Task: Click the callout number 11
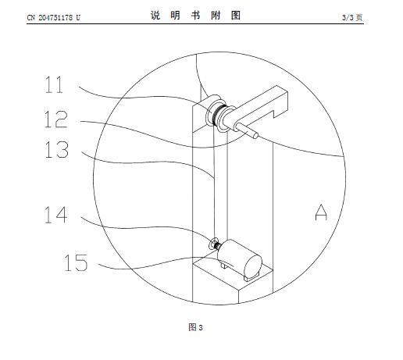(x=54, y=84)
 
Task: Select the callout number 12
(x=56, y=119)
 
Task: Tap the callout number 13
(x=57, y=149)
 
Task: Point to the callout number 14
(x=56, y=215)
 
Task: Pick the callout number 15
(x=76, y=262)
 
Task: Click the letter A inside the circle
(x=321, y=212)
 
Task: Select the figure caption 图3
(x=195, y=327)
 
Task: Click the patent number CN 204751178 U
(x=54, y=17)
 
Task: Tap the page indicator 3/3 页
(x=352, y=17)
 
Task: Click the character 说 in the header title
(x=155, y=16)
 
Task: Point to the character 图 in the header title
(x=236, y=16)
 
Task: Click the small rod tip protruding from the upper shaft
(x=255, y=135)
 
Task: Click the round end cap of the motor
(x=253, y=265)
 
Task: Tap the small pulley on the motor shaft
(x=213, y=244)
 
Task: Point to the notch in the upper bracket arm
(x=273, y=113)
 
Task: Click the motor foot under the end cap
(x=249, y=278)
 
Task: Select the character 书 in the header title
(x=195, y=16)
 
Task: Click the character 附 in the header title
(x=216, y=16)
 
